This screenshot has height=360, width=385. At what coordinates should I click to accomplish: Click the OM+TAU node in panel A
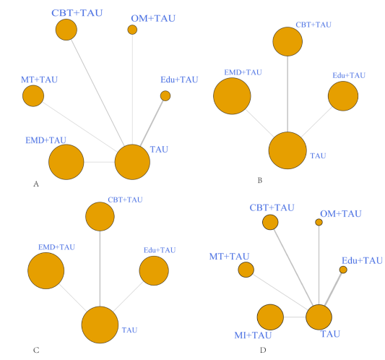[x=132, y=30]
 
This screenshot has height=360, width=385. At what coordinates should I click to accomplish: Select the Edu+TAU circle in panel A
[x=165, y=96]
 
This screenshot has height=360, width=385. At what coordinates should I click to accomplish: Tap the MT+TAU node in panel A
[x=33, y=96]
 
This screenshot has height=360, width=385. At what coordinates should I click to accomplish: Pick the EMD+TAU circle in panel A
[x=66, y=162]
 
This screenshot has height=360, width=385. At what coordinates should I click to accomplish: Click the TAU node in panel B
[x=287, y=150]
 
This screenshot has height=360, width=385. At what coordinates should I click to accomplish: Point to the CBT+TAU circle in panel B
[x=287, y=41]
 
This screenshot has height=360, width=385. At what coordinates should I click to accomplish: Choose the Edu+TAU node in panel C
[x=154, y=270]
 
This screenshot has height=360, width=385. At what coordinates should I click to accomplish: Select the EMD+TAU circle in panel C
[x=46, y=270]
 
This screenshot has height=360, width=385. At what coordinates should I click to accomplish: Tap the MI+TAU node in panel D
[x=270, y=317]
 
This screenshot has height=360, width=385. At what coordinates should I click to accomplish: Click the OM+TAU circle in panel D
[x=319, y=222]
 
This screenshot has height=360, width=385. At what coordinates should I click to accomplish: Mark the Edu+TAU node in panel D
[x=343, y=270]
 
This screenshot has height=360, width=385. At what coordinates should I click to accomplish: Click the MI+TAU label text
[x=253, y=335]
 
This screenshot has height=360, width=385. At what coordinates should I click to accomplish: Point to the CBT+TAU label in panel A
[x=77, y=13]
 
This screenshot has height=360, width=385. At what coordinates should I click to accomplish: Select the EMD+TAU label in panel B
[x=243, y=72]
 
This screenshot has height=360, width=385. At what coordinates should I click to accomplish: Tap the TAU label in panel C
[x=129, y=330]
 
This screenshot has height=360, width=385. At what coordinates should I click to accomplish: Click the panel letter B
[x=260, y=181]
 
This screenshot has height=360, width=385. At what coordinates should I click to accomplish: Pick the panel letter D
[x=263, y=350]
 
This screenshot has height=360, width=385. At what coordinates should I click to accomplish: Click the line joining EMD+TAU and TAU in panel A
[x=100, y=162]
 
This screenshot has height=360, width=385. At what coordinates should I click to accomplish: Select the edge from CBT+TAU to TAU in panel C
[x=100, y=269]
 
